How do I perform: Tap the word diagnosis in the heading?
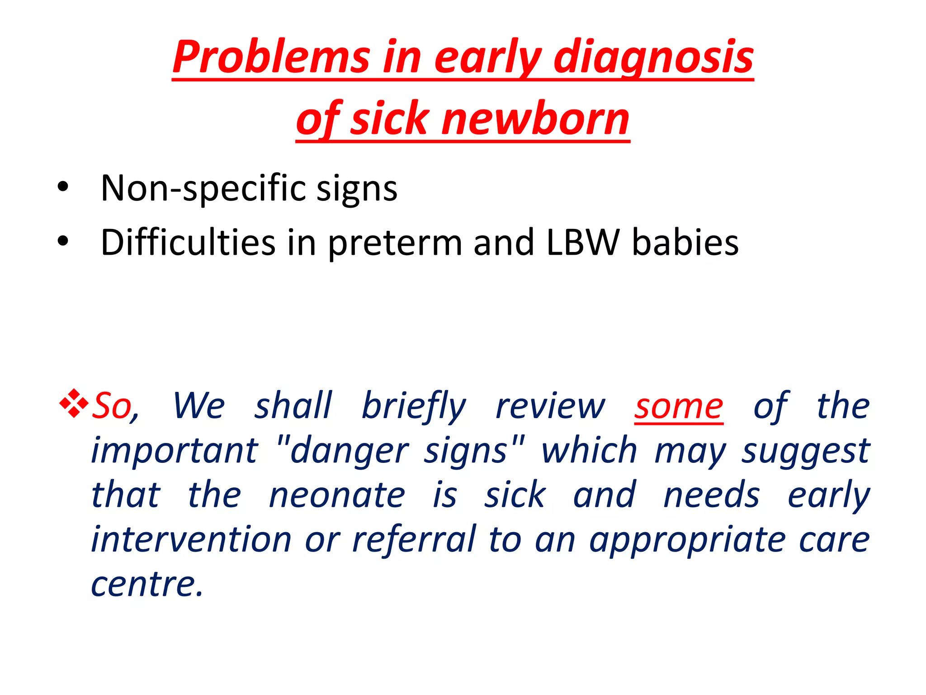point(653,57)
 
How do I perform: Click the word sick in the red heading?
point(390,119)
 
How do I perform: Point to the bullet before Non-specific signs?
point(63,187)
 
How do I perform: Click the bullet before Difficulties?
point(63,241)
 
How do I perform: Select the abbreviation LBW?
point(583,243)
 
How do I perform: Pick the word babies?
point(685,243)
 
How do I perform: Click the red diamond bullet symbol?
point(74,403)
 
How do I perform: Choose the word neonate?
point(337,495)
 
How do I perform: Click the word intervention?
point(191,539)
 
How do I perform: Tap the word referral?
point(414,539)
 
